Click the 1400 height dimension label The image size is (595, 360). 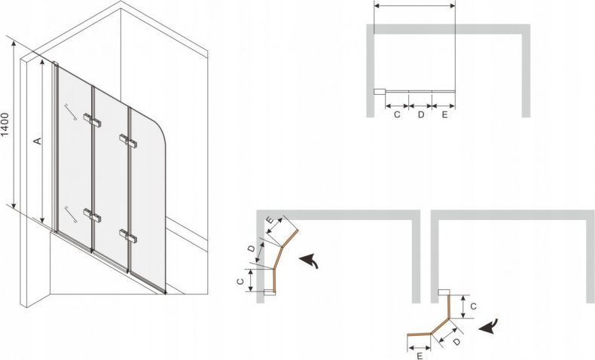(x=5, y=124)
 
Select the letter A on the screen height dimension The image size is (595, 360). (x=37, y=141)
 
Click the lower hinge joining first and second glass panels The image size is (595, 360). (x=92, y=215)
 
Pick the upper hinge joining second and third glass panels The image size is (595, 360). (x=128, y=141)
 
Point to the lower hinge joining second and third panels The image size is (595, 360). (x=128, y=236)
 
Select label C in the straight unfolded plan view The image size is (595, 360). (x=397, y=114)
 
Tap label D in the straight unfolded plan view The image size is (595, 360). (x=420, y=114)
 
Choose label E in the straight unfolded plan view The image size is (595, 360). (x=444, y=114)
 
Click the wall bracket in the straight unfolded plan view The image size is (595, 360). (x=380, y=91)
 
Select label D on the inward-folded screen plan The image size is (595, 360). (x=252, y=249)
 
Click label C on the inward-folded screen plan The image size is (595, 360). (x=240, y=282)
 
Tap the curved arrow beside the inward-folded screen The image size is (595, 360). (x=309, y=261)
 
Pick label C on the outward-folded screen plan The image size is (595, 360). (x=473, y=307)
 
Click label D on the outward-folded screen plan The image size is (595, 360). (x=457, y=341)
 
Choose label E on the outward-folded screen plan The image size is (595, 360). (x=420, y=356)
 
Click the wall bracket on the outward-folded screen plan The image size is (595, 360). (x=444, y=292)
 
